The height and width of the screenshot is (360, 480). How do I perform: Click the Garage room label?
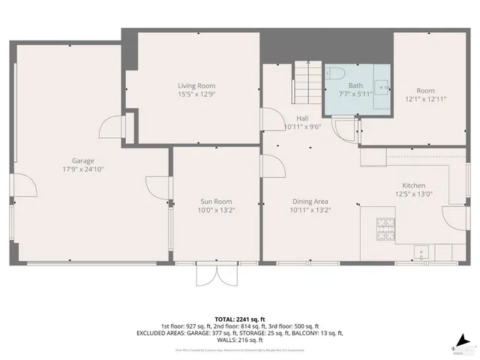[82, 160]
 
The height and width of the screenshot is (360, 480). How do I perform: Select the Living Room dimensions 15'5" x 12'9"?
[196, 94]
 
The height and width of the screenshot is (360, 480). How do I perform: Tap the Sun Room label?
[215, 201]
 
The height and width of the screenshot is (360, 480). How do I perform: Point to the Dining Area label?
[310, 201]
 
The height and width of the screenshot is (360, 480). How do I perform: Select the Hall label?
[302, 118]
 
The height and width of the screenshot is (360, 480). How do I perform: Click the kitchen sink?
[421, 251]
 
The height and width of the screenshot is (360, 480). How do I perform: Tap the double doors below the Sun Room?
[215, 274]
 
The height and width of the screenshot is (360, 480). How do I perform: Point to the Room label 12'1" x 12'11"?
[426, 94]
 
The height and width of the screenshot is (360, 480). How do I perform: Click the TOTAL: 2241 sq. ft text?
[240, 319]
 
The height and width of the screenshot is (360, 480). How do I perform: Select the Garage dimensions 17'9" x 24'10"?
[82, 169]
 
